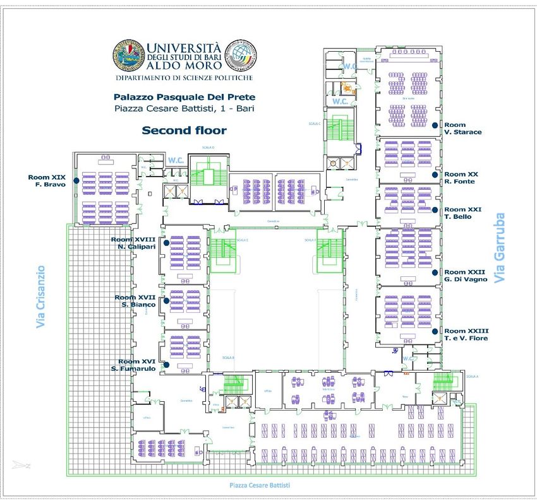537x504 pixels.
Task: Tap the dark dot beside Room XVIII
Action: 166,242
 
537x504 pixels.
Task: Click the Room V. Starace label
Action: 462,129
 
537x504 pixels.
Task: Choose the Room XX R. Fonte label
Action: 461,178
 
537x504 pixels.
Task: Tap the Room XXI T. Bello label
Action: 463,213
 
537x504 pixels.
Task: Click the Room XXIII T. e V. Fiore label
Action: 466,334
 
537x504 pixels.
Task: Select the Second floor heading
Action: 184,131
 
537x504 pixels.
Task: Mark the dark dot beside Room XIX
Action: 76,180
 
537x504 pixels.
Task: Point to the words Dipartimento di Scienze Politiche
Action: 184,78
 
